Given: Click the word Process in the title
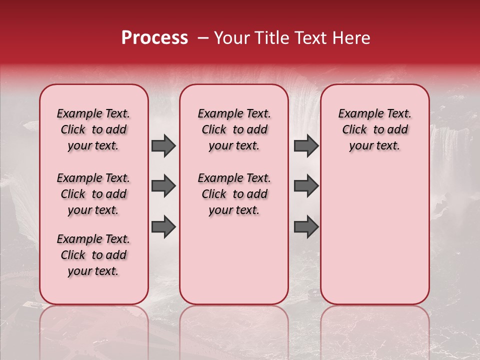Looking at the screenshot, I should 154,38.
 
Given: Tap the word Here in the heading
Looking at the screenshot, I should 351,38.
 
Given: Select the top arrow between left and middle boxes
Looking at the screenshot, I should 163,145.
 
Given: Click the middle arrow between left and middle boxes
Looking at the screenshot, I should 163,186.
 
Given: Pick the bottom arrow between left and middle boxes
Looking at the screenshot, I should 163,226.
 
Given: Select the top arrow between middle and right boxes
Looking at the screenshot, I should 306,145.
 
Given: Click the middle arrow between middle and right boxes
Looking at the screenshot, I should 306,186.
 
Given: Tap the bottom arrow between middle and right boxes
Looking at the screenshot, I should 306,226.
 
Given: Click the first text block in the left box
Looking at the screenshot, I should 93,129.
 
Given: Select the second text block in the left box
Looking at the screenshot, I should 93,194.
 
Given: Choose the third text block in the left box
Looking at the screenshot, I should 93,255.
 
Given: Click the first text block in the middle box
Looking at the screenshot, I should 234,129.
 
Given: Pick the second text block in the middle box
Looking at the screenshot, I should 234,194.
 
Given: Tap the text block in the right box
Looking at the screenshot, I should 374,129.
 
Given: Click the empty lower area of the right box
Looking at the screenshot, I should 374,235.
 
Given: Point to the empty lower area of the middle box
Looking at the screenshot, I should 234,260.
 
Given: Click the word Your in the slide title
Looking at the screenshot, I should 231,38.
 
